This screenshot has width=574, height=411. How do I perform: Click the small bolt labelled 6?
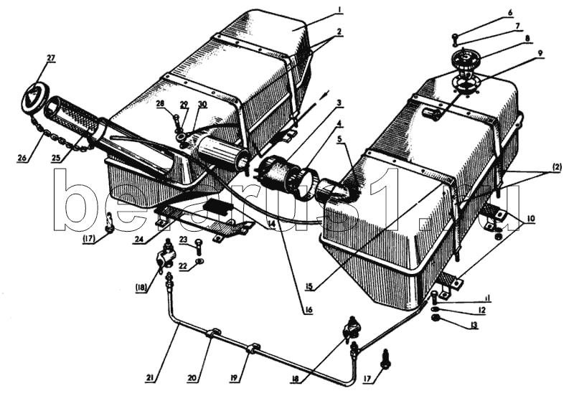[455, 37]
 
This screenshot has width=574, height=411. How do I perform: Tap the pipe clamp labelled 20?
[214, 334]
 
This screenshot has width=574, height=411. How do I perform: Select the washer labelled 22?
[199, 260]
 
